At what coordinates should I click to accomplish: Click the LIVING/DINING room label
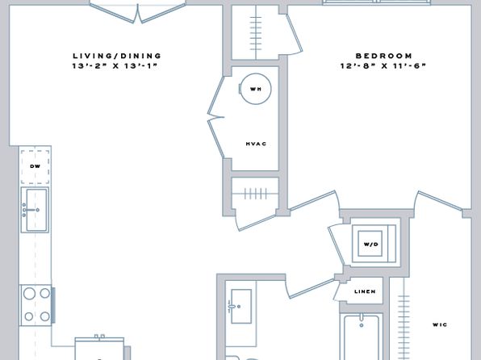(x=117, y=56)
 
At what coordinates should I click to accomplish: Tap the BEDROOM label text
(x=384, y=56)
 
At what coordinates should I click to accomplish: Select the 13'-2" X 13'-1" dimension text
(x=115, y=65)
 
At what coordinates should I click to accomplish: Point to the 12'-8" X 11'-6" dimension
(x=383, y=65)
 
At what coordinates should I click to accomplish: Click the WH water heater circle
(x=256, y=89)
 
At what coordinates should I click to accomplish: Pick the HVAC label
(x=256, y=144)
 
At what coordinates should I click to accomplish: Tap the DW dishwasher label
(x=35, y=166)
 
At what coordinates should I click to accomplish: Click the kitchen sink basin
(x=36, y=210)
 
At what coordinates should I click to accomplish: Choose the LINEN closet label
(x=365, y=291)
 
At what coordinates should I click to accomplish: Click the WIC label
(x=440, y=324)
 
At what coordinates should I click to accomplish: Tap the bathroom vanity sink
(x=241, y=306)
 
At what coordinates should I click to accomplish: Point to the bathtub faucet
(x=362, y=320)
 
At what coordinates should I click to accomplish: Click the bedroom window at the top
(x=376, y=2)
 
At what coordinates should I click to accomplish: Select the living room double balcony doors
(x=137, y=12)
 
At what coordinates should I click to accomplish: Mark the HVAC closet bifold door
(x=216, y=117)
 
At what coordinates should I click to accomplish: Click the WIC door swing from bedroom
(x=440, y=201)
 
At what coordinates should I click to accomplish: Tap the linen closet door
(x=337, y=290)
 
